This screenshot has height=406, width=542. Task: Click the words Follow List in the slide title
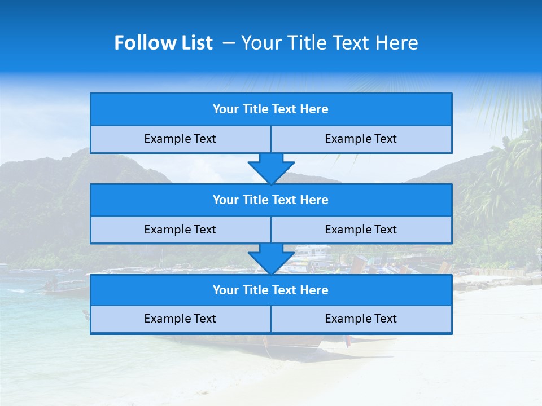[163, 43]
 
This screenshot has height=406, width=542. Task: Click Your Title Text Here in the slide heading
[329, 43]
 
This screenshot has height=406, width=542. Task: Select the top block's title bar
[271, 109]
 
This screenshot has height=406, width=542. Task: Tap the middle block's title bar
[271, 200]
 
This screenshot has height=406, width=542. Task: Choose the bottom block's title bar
[271, 290]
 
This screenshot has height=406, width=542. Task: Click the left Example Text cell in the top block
[180, 139]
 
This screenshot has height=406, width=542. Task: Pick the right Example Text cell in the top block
[361, 139]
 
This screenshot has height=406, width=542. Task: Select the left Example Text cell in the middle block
[180, 230]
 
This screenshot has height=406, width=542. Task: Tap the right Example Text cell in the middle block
[361, 230]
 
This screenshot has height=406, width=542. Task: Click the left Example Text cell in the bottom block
[180, 319]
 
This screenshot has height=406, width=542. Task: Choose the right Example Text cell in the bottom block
[361, 319]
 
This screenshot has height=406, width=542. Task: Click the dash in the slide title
[229, 43]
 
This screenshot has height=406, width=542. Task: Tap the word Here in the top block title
[314, 109]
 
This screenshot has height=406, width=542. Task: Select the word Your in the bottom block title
[225, 290]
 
